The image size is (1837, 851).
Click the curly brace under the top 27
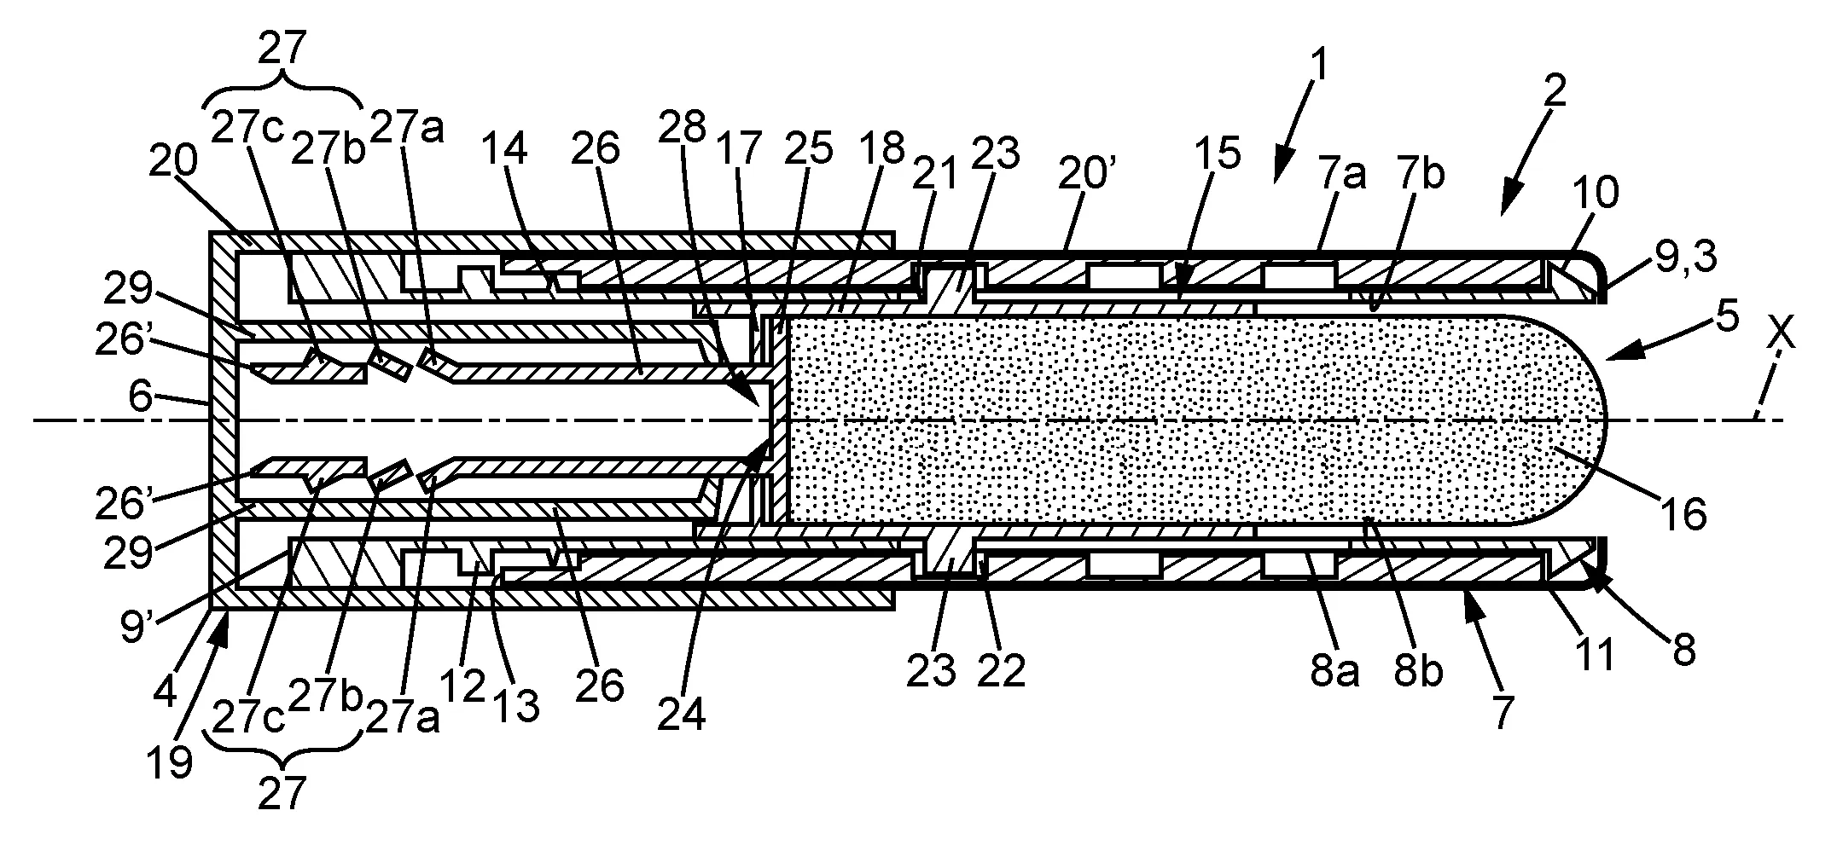(x=282, y=94)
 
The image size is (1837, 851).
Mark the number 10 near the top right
(x=1598, y=194)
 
